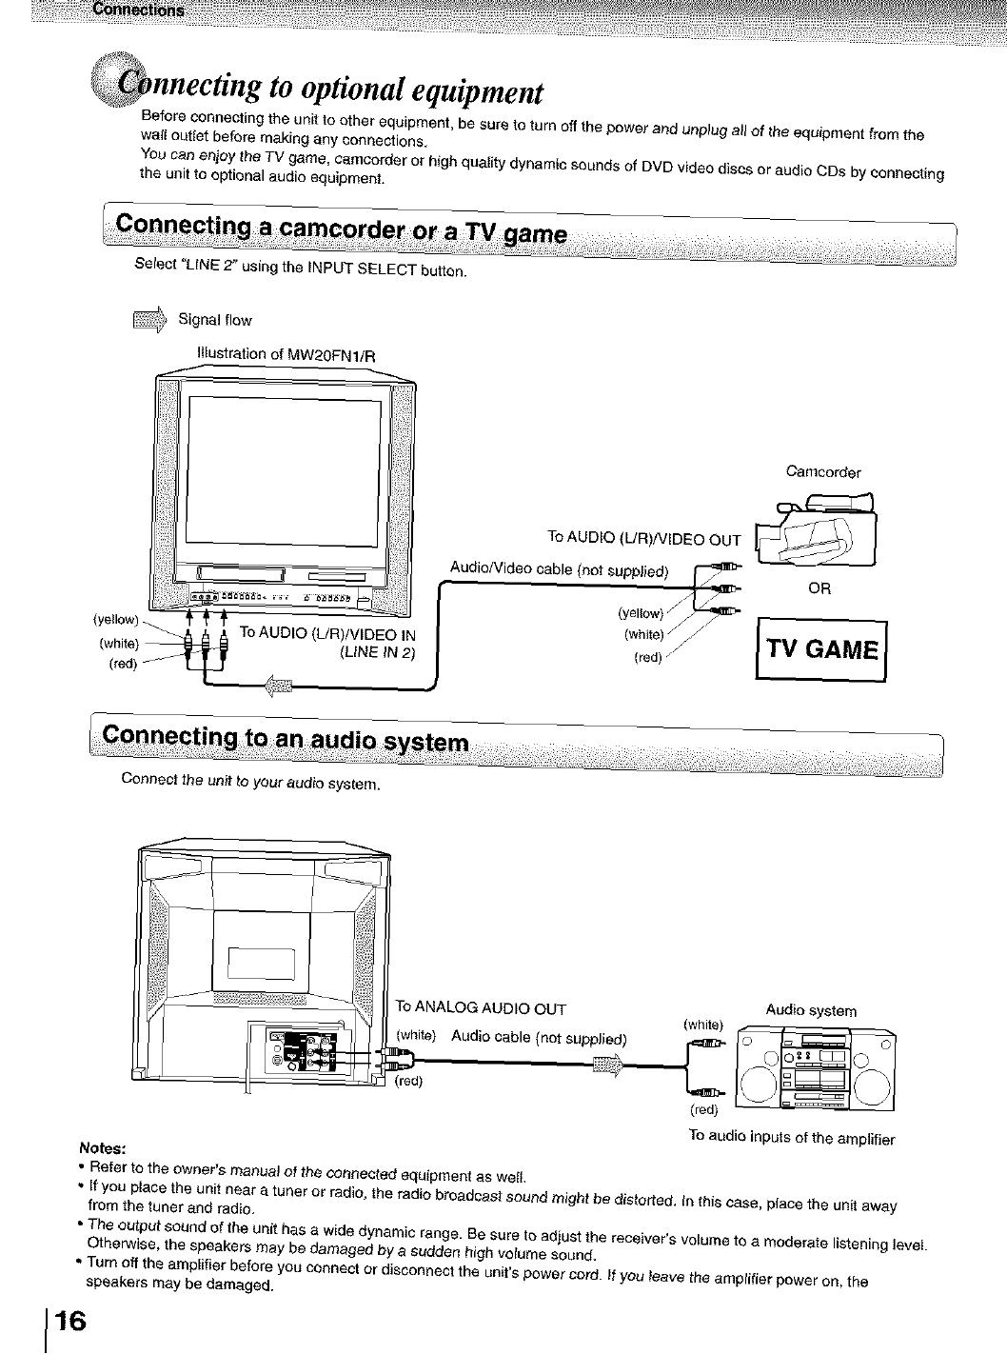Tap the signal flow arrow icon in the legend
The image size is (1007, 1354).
(151, 318)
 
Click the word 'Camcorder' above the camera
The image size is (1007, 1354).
(823, 471)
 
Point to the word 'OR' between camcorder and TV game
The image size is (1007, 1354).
(819, 588)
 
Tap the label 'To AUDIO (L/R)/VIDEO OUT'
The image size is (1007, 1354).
(643, 540)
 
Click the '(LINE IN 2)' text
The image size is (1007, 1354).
(377, 652)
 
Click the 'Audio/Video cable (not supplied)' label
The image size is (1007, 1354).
(560, 570)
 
